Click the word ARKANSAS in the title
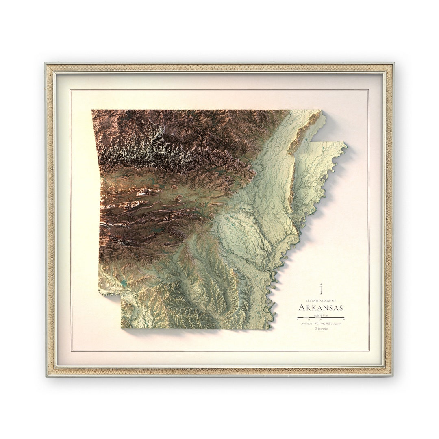click(x=321, y=308)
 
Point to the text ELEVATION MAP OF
click(x=321, y=300)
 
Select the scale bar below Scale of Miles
click(x=321, y=318)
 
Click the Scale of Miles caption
click(x=321, y=315)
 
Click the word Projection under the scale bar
click(x=307, y=324)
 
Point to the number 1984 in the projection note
click(x=323, y=324)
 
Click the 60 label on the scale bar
click(x=344, y=320)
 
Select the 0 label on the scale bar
click(x=298, y=320)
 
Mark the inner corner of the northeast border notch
click(x=312, y=142)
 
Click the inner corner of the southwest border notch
click(x=120, y=296)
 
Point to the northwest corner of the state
click(x=92, y=110)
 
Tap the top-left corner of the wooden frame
click(x=46, y=63)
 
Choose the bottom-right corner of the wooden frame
click(x=393, y=376)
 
